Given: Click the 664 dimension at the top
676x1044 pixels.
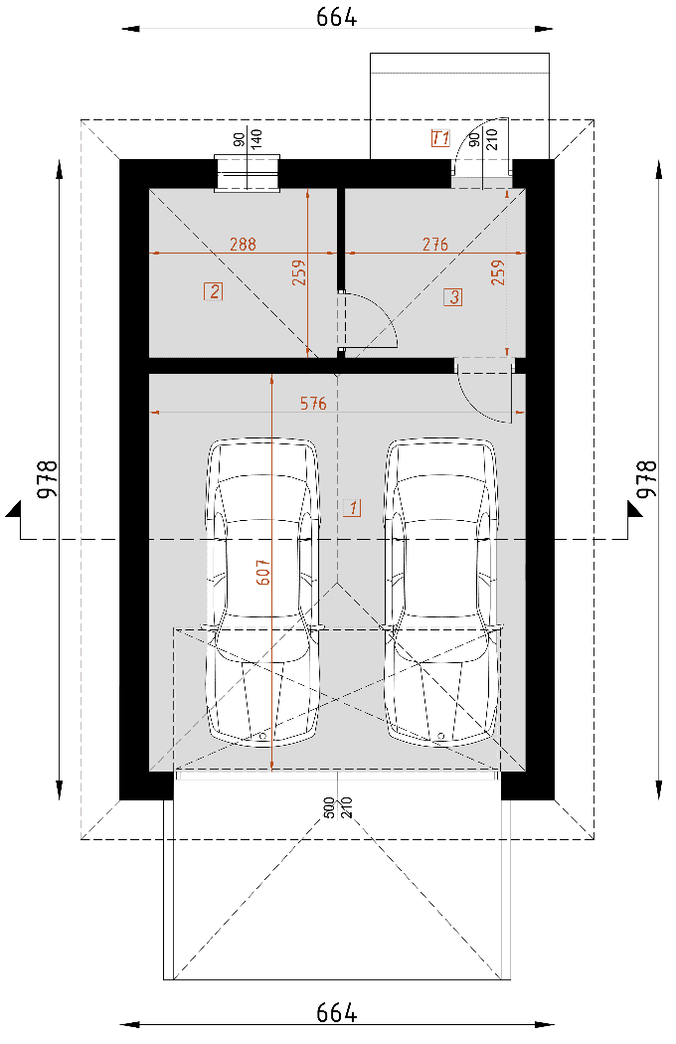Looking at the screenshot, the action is point(336,17).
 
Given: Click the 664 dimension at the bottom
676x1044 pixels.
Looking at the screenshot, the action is point(336,1013).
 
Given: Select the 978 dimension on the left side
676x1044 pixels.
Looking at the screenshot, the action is point(48,478).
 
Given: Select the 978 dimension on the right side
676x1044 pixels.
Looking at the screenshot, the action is point(647,478).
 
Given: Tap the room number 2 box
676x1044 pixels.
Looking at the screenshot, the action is point(213,291).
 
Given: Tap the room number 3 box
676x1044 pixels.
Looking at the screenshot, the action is point(453,296).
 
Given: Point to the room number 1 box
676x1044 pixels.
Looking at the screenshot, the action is point(352,508).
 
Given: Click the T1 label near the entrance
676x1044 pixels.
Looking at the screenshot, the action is point(440,138).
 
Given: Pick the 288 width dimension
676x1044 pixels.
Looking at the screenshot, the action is point(243,245).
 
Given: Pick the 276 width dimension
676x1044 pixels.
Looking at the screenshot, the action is point(434,245).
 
